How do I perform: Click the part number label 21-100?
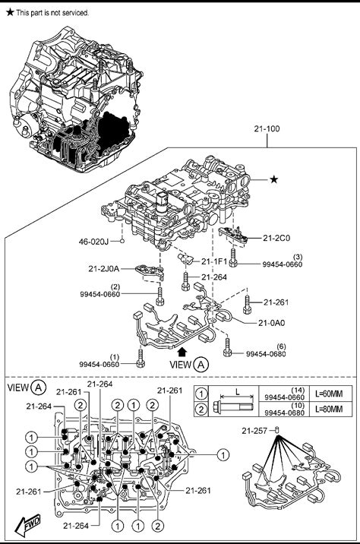(267, 128)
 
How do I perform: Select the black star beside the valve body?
(274, 179)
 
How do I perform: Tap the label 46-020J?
(93, 241)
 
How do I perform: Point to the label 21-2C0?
(276, 238)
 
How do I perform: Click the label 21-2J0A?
(104, 268)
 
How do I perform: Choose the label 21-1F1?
(214, 261)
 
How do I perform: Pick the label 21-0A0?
(272, 323)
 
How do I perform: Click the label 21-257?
(254, 431)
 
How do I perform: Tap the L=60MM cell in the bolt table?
(328, 394)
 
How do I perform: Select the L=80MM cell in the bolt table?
(328, 409)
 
